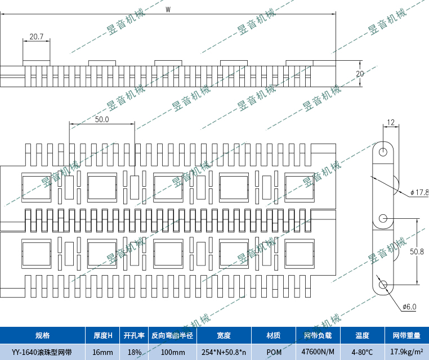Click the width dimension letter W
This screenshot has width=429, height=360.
tap(168, 9)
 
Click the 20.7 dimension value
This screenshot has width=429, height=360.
tap(37, 37)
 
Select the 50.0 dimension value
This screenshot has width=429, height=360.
tap(102, 119)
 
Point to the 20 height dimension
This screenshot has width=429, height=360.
tap(360, 74)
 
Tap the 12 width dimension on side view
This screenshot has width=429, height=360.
tap(390, 122)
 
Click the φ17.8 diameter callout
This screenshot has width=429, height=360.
tap(419, 192)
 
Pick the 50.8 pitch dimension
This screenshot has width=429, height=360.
tap(417, 251)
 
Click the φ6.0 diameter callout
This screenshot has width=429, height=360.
tap(409, 307)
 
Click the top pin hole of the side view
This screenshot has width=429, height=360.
tap(383, 152)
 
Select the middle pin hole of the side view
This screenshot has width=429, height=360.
tap(383, 218)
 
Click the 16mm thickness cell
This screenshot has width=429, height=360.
tap(103, 352)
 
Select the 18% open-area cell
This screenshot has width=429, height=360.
tap(134, 352)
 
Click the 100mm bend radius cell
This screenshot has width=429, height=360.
tap(172, 352)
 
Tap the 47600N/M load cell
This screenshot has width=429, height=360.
tap(319, 352)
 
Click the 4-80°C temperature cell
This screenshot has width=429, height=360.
tap(362, 352)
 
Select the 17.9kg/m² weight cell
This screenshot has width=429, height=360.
tap(406, 352)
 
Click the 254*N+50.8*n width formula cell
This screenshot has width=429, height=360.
tap(224, 352)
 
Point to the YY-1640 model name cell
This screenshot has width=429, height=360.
tap(42, 352)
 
